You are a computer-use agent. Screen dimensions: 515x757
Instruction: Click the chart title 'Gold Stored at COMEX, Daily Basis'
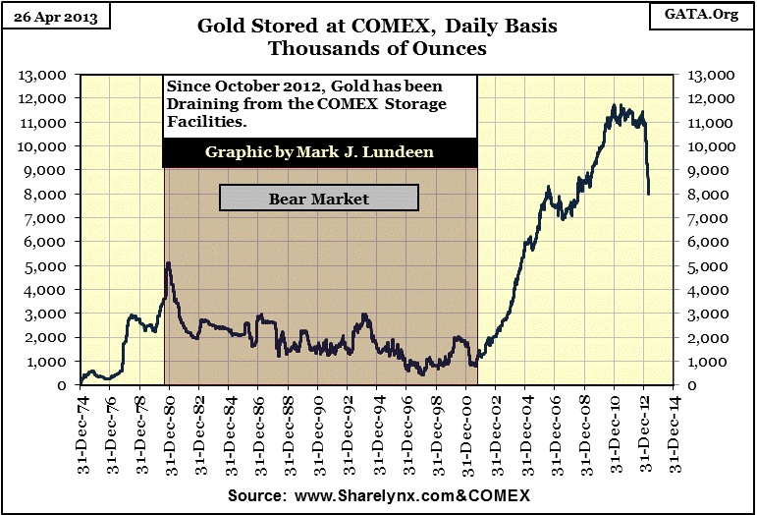378,25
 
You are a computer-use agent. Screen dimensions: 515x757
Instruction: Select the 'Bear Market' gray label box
319,199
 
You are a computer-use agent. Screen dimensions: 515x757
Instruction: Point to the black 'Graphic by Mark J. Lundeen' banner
320,152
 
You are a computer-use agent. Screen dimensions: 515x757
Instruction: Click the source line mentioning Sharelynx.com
378,494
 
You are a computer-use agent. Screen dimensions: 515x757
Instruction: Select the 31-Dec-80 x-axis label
170,429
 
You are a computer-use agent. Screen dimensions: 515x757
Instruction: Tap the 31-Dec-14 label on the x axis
675,429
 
